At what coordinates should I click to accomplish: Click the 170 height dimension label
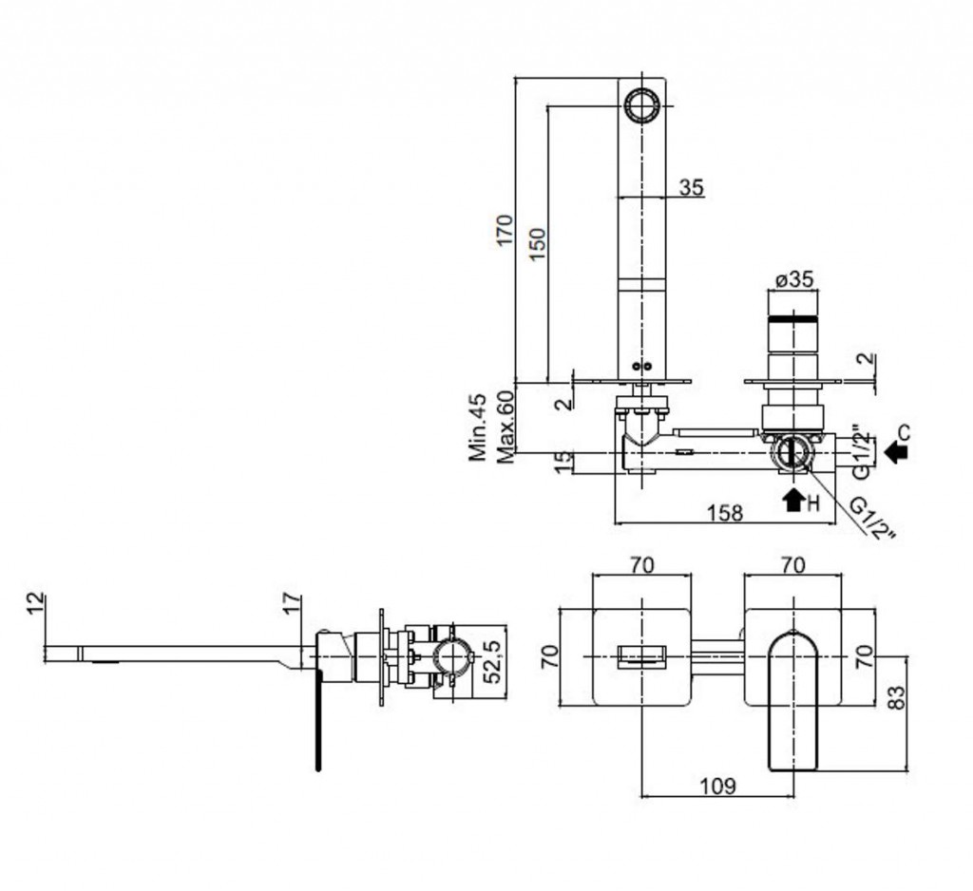[x=504, y=231]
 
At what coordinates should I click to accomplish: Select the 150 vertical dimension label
[x=537, y=250]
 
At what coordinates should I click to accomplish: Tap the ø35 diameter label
[x=792, y=280]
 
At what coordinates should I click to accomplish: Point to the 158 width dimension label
[x=725, y=513]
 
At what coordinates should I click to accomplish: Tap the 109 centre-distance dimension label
[x=718, y=786]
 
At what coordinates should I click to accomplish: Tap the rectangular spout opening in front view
[x=641, y=657]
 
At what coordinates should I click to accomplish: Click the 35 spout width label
[x=692, y=188]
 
